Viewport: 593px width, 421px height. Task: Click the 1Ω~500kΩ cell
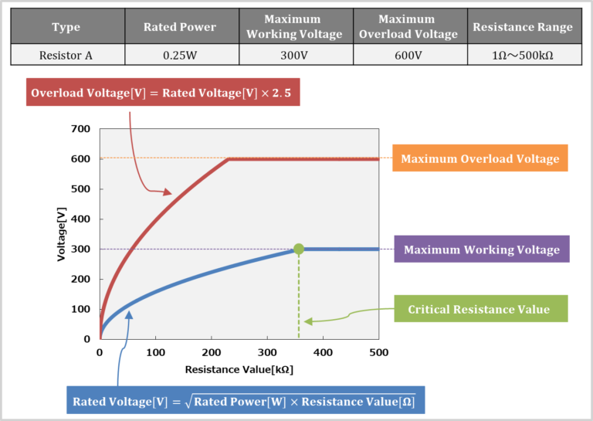(522, 55)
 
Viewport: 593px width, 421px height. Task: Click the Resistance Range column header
(522, 27)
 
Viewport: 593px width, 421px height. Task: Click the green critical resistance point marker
(299, 249)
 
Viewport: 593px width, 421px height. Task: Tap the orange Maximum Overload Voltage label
(479, 159)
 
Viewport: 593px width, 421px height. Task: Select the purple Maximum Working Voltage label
(481, 250)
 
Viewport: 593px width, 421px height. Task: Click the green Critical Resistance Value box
(479, 309)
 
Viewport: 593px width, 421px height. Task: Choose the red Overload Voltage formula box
(163, 93)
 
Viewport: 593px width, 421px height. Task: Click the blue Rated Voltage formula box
(244, 401)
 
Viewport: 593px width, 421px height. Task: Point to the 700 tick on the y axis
(81, 129)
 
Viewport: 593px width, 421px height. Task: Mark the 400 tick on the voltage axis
(81, 219)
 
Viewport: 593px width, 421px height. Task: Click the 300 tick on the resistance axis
(267, 352)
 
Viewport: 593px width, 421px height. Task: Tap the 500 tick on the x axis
(378, 352)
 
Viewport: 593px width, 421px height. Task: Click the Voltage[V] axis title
(62, 233)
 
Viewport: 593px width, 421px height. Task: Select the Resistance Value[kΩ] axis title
(239, 369)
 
